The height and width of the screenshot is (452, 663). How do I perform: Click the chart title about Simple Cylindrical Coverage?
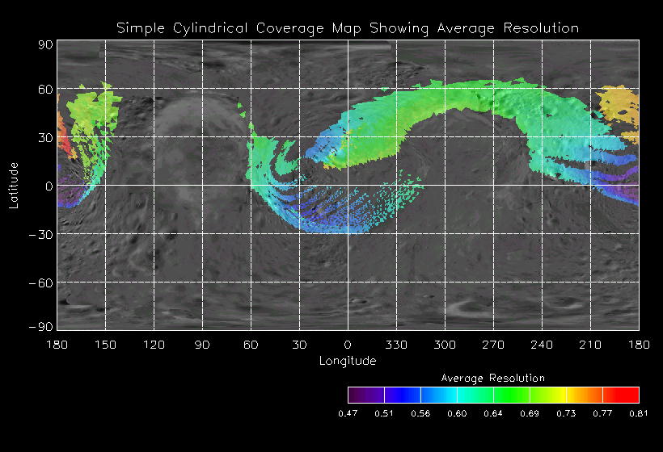(x=348, y=28)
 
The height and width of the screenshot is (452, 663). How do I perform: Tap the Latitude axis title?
(x=14, y=185)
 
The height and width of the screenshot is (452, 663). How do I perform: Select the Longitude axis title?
(x=348, y=361)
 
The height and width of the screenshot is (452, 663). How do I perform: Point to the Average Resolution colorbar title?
(x=493, y=378)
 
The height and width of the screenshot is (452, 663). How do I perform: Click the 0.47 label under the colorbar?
(x=348, y=413)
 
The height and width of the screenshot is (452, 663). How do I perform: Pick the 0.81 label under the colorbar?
(x=639, y=413)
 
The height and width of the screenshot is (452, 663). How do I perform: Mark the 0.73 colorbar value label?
(x=566, y=413)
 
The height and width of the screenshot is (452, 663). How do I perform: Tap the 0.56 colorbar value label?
(x=420, y=413)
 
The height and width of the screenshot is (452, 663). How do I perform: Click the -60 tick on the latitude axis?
(x=42, y=282)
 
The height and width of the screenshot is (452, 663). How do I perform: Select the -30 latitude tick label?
(x=42, y=234)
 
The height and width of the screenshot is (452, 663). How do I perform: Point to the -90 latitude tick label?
(x=42, y=326)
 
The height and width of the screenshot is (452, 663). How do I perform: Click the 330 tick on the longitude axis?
(x=396, y=345)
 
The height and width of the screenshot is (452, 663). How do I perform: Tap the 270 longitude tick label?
(x=493, y=345)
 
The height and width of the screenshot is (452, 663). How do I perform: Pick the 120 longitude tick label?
(x=154, y=345)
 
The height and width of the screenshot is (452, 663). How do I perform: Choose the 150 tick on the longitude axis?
(x=105, y=345)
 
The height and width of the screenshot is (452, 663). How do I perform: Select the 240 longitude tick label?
(x=542, y=345)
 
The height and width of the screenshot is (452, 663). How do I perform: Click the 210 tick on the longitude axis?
(x=590, y=345)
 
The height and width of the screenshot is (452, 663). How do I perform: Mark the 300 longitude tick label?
(x=445, y=345)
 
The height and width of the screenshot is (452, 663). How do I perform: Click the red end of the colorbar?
(x=631, y=395)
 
